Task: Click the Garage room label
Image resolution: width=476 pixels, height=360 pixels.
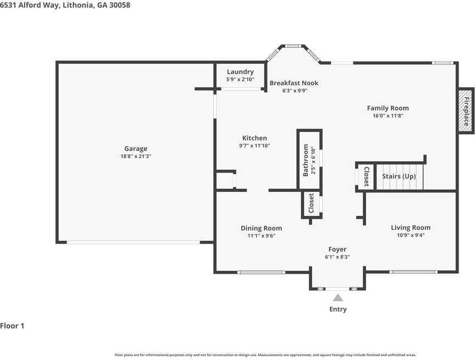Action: (x=136, y=148)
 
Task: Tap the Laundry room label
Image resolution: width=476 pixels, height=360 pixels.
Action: (x=240, y=71)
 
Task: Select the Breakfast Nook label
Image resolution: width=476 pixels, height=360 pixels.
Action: (x=294, y=83)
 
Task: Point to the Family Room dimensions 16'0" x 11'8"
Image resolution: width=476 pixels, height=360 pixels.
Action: (x=388, y=115)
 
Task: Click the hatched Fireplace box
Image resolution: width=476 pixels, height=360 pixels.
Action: (x=466, y=111)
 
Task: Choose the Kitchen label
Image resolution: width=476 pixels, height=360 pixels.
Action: (x=254, y=138)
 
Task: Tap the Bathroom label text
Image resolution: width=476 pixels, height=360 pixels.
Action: (x=306, y=160)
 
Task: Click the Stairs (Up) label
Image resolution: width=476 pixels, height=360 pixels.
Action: (x=399, y=176)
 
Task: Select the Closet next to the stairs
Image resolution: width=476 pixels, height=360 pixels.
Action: (x=367, y=176)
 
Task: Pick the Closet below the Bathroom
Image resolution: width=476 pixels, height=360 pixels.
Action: (x=311, y=203)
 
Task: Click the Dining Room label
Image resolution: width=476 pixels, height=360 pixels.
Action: (x=262, y=228)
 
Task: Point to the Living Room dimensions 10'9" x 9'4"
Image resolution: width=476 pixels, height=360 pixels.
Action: (x=411, y=235)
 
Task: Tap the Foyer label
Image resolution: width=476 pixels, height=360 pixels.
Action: (x=337, y=249)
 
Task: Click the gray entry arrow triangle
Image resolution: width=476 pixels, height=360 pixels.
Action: (x=338, y=297)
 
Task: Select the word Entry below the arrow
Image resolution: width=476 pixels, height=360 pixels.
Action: (x=338, y=309)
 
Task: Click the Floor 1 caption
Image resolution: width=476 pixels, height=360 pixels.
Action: (x=12, y=326)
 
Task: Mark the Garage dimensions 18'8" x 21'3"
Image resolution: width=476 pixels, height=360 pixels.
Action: (x=136, y=156)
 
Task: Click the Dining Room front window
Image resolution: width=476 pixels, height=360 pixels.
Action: (x=261, y=272)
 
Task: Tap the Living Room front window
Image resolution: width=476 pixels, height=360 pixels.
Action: (x=413, y=272)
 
